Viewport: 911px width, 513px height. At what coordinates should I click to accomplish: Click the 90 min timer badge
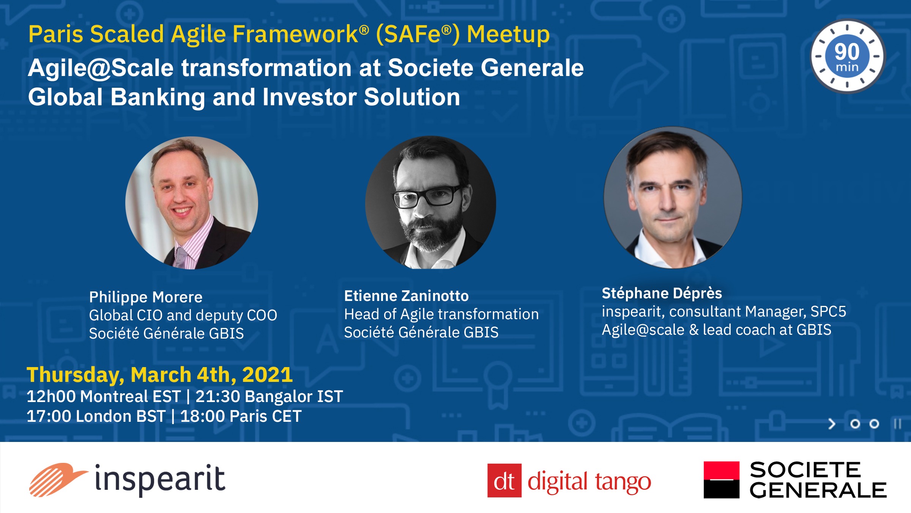pos(848,56)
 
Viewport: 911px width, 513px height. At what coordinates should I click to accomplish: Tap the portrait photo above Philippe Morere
pos(192,203)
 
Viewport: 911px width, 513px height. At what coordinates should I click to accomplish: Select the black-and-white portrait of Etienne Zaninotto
pos(430,203)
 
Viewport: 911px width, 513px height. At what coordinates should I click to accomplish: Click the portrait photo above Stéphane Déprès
pos(673,198)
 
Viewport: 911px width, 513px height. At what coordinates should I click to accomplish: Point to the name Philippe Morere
pos(146,297)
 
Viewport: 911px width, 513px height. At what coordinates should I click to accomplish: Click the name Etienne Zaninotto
pos(407,296)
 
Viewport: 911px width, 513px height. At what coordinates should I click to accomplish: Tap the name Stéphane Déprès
pos(662,293)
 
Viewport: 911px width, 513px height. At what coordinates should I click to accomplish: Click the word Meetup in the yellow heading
pos(508,35)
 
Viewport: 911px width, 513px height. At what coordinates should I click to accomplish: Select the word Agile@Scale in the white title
pos(101,68)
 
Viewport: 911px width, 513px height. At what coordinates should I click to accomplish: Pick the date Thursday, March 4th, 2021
pos(160,375)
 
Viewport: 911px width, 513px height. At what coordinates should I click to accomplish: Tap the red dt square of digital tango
pos(504,481)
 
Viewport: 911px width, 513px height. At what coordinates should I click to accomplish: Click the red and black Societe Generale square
pos(722,480)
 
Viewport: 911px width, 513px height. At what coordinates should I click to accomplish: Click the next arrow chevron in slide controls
pos(832,424)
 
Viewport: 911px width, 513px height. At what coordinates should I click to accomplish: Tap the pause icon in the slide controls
pos(897,424)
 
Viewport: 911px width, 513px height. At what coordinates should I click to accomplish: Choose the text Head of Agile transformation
pos(441,315)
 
